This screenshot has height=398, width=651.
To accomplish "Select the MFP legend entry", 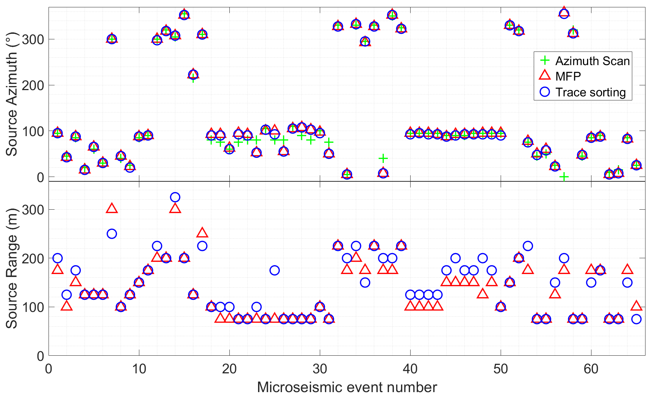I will click(568, 76).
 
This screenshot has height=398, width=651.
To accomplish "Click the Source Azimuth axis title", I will click(12, 103).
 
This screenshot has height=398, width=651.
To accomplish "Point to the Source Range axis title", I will click(12, 268).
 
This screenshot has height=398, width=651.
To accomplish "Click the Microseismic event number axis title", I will click(347, 387).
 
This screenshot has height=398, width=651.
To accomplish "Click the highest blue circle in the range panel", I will click(175, 197).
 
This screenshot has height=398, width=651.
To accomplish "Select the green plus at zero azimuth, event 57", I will click(564, 177).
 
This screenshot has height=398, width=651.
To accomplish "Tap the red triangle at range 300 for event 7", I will click(112, 209).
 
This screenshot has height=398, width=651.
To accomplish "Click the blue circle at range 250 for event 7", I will click(112, 234).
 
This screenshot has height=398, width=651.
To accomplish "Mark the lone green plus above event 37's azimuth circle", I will click(383, 159).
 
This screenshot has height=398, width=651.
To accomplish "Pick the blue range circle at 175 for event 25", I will click(275, 270).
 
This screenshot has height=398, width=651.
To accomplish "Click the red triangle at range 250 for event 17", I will click(202, 233).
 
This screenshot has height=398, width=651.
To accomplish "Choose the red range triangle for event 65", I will click(636, 306).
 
